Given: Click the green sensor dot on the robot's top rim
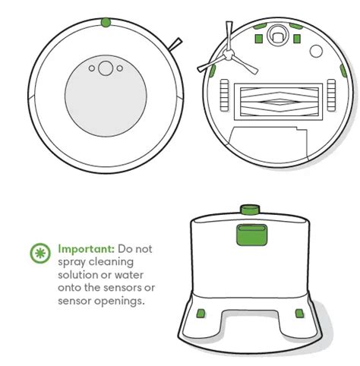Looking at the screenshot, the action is (x=106, y=22).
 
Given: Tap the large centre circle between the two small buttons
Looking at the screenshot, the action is (x=106, y=68).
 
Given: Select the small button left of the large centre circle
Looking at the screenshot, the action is (x=92, y=68).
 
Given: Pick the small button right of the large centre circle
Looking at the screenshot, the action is (x=120, y=68).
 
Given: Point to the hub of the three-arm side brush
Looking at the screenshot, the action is (x=229, y=55).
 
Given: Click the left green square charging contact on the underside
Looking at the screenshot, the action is (x=258, y=39).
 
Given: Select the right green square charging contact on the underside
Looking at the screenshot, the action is (x=297, y=39).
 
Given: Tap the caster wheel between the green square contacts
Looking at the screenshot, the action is (x=277, y=36).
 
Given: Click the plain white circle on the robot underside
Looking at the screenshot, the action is (x=316, y=51).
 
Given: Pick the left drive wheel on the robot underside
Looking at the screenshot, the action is (x=224, y=95).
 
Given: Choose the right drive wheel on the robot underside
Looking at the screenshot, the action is (x=331, y=95).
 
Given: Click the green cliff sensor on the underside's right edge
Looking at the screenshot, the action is (x=343, y=71).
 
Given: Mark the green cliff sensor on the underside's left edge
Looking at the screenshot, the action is (x=212, y=71).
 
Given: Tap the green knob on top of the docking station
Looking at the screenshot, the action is (x=250, y=210).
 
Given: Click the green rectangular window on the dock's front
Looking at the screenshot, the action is (x=251, y=235).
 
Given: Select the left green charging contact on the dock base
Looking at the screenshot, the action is (x=201, y=314).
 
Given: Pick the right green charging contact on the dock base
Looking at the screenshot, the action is (x=299, y=314).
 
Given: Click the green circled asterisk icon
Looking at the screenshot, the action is (x=40, y=253).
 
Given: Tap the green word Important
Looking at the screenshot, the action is (x=87, y=249).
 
